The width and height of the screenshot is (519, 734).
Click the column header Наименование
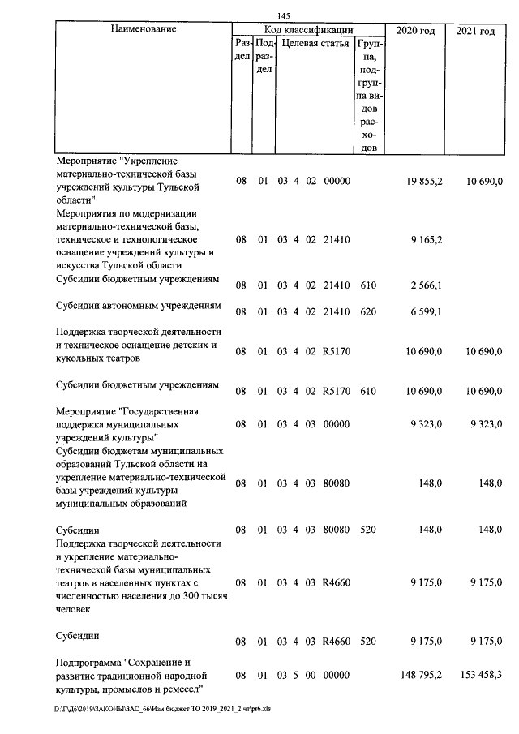142,30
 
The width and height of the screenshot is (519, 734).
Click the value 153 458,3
474,675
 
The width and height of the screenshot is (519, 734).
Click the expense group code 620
368,312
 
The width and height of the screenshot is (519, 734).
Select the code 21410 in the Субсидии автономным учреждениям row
336,312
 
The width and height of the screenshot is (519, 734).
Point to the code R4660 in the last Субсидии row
336,641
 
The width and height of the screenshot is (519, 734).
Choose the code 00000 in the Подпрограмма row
336,675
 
